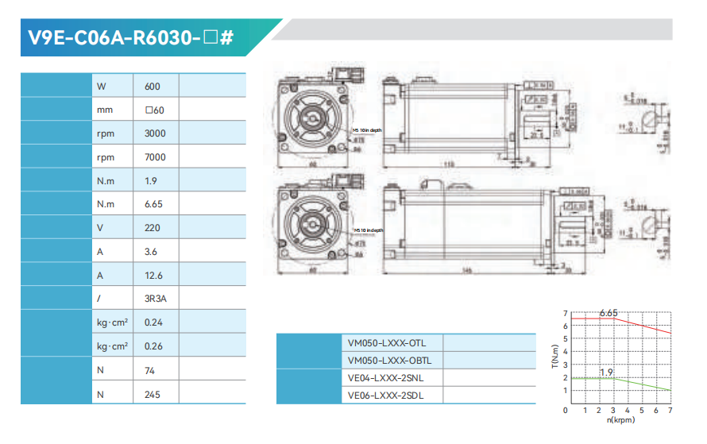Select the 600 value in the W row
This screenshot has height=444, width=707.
154,86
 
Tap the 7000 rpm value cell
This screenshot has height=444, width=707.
156,157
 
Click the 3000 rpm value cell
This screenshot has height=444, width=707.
156,133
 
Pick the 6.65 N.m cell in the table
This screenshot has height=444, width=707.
154,204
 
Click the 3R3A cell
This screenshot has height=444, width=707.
156,299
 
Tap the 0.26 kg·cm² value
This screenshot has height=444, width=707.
154,346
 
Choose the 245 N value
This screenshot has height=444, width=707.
153,394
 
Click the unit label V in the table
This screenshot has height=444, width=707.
100,228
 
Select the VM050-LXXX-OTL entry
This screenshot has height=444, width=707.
387,343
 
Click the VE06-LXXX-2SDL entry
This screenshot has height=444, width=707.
386,395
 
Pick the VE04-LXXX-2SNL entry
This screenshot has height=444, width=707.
386,378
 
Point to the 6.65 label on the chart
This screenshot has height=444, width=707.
608,313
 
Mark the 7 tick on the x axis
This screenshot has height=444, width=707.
671,411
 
